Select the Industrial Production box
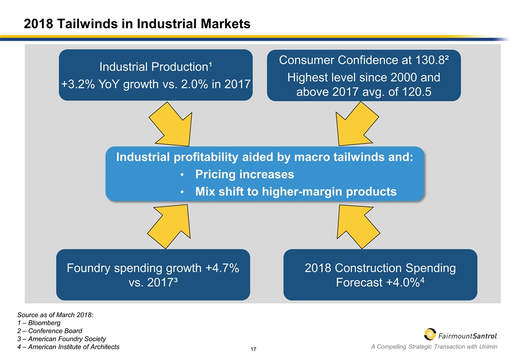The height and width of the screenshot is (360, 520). (155, 75)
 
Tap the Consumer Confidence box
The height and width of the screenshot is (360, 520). (363, 75)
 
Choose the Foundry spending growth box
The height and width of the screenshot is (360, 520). (152, 274)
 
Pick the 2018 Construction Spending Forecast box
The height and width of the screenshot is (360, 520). (380, 274)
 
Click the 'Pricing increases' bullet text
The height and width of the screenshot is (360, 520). (244, 175)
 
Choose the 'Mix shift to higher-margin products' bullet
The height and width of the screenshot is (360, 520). (295, 191)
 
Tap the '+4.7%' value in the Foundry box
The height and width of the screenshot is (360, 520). (221, 268)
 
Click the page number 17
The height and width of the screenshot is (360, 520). (253, 348)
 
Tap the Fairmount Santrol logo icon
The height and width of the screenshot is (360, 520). (429, 334)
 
